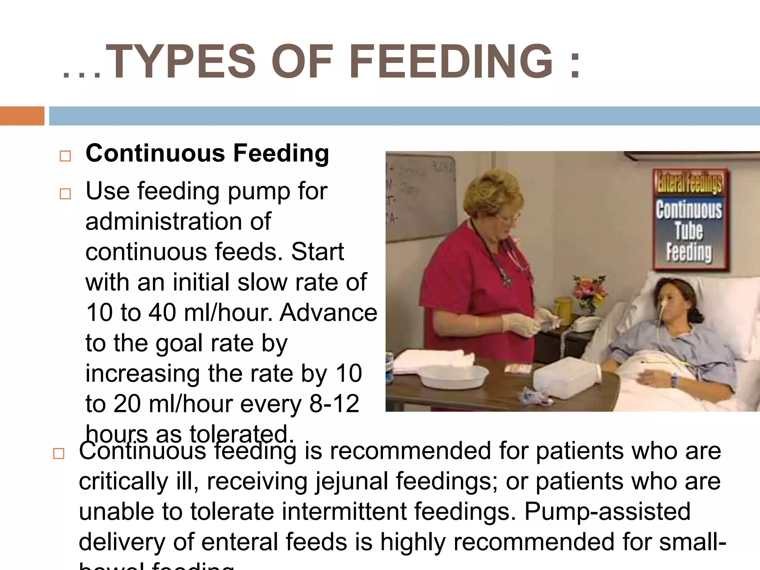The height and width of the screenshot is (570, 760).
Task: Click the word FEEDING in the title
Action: (x=451, y=62)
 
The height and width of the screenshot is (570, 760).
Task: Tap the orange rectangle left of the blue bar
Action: (x=22, y=116)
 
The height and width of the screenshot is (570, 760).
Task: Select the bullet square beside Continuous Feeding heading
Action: (x=65, y=156)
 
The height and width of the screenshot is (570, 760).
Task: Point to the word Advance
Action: (x=328, y=313)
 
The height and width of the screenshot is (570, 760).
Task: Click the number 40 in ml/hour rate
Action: (x=162, y=313)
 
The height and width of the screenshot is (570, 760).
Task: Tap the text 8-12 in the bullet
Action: (x=334, y=404)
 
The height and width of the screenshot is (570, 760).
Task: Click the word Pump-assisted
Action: (x=607, y=512)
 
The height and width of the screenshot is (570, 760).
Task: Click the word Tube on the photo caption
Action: (x=689, y=231)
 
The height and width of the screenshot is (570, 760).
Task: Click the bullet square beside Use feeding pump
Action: (x=65, y=194)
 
